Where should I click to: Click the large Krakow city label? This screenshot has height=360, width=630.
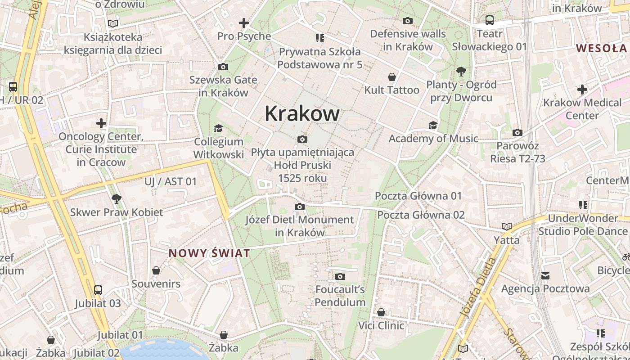302,113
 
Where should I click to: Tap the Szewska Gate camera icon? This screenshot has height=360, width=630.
223,67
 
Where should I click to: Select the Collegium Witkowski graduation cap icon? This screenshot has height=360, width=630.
218,128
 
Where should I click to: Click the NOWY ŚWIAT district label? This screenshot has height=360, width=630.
209,253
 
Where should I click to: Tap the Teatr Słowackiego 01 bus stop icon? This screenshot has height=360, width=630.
489,20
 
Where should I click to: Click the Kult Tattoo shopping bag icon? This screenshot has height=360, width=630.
392,77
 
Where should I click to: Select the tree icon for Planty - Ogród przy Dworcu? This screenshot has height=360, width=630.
461,71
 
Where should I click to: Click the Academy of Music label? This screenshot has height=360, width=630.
433,139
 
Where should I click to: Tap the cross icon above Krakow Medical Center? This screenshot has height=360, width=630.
582,89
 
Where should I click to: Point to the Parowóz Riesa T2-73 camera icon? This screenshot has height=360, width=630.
517,133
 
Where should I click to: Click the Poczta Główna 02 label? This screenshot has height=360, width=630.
421,215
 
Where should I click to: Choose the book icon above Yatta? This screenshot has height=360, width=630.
507,227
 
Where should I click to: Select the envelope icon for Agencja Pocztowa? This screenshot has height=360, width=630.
545,275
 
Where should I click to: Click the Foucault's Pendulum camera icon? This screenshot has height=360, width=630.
340,276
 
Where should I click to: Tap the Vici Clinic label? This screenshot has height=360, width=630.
381,325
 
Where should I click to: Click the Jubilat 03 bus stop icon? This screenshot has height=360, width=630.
98,290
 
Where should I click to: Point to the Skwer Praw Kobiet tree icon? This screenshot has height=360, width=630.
117,198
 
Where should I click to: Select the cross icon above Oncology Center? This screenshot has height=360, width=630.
101,123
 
